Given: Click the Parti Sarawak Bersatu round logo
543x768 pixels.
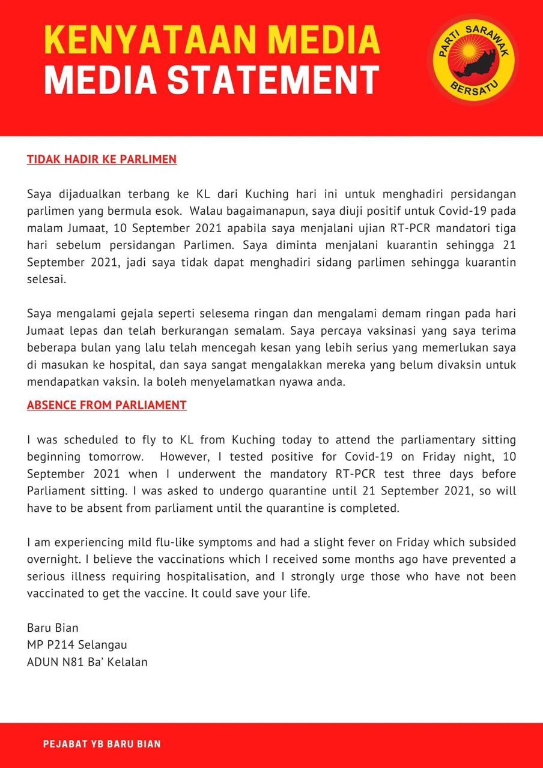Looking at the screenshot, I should pos(473,58).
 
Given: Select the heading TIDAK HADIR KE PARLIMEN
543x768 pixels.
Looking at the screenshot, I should pos(102,160).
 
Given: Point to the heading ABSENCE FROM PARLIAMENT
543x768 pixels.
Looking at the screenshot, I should pos(106,405).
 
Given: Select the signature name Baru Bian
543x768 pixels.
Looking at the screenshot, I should pos(53,628).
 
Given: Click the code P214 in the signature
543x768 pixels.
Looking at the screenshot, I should pos(58,645).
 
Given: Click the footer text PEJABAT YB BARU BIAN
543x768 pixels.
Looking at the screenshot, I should pos(102,744).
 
